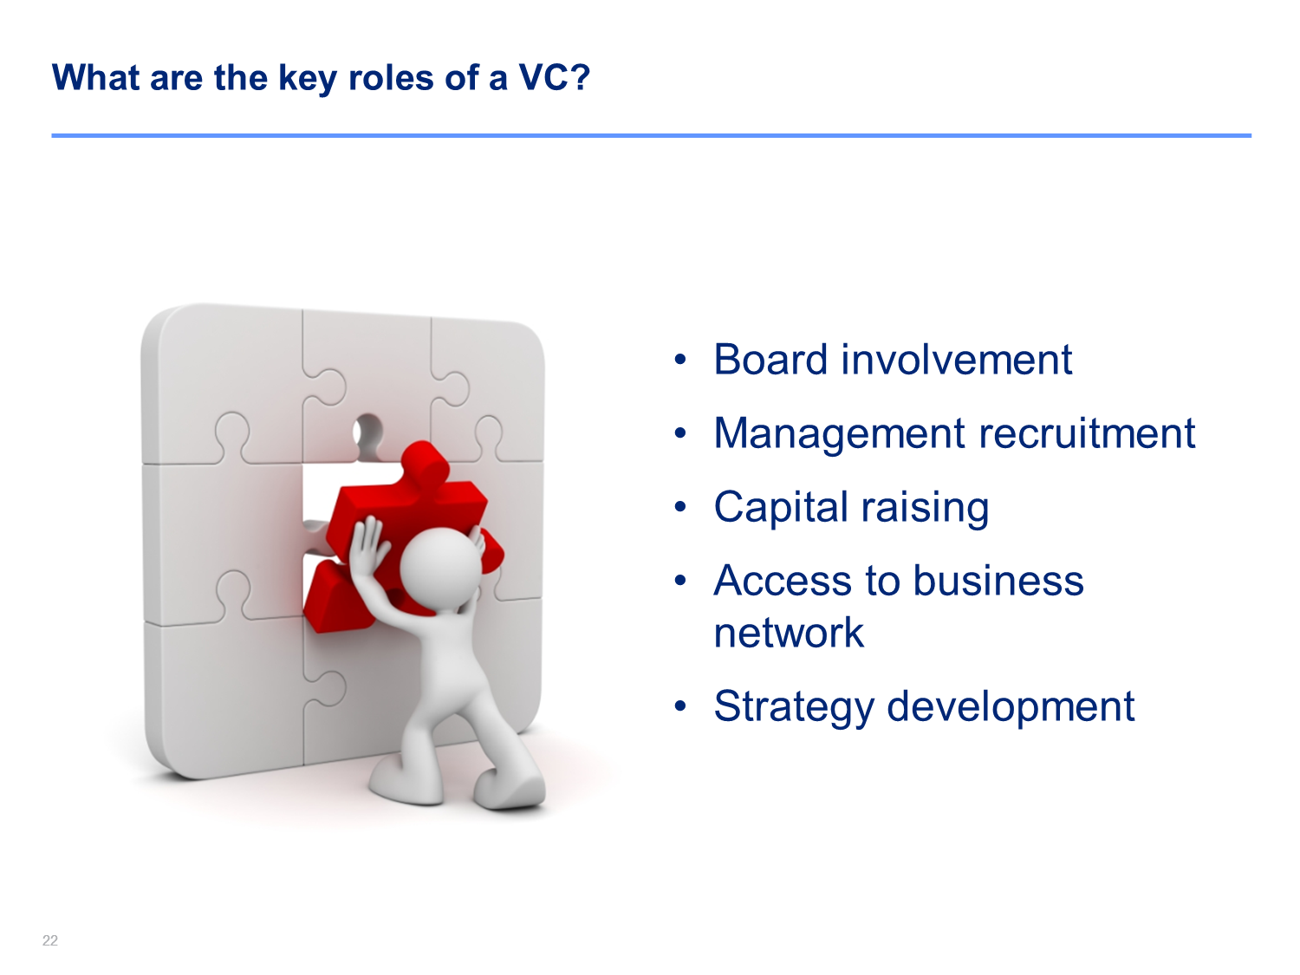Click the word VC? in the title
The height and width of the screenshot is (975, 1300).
[555, 77]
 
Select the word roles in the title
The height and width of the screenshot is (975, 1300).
[391, 77]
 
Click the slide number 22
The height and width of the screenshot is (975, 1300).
[50, 940]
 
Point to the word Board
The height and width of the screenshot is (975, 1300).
[770, 359]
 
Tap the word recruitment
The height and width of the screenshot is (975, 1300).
[1087, 432]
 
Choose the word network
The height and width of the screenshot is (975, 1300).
[789, 633]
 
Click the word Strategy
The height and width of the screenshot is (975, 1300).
[794, 707]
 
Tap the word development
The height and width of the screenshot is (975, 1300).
[1011, 707]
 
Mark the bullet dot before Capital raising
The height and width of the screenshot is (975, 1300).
[680, 507]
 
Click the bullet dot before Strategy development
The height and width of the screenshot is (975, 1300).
[680, 705]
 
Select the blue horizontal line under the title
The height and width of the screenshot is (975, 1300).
[652, 135]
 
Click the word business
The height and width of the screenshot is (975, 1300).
[998, 580]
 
